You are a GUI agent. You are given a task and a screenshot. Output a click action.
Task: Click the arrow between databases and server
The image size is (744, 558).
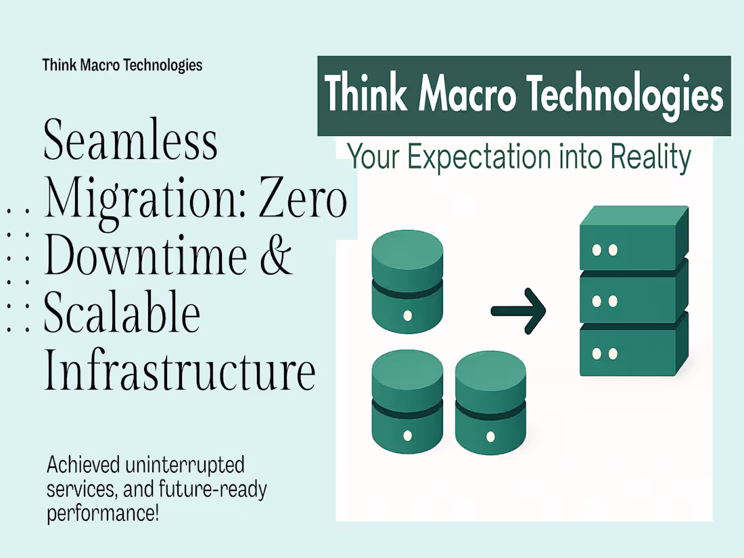click(x=518, y=311)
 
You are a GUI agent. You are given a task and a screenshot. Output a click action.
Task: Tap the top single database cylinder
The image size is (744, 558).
click(x=407, y=281)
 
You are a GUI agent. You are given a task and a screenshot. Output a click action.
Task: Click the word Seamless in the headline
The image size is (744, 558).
click(x=131, y=141)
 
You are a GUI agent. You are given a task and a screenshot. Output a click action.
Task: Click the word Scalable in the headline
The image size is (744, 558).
click(x=122, y=314)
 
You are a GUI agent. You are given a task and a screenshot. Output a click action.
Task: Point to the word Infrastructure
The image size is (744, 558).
click(x=180, y=371)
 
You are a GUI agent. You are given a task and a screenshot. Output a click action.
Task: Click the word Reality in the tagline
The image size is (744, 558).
click(x=650, y=157)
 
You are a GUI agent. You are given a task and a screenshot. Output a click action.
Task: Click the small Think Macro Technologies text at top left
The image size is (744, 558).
click(x=122, y=65)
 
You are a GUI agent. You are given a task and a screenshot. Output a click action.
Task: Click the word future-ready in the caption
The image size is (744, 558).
click(x=216, y=489)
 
